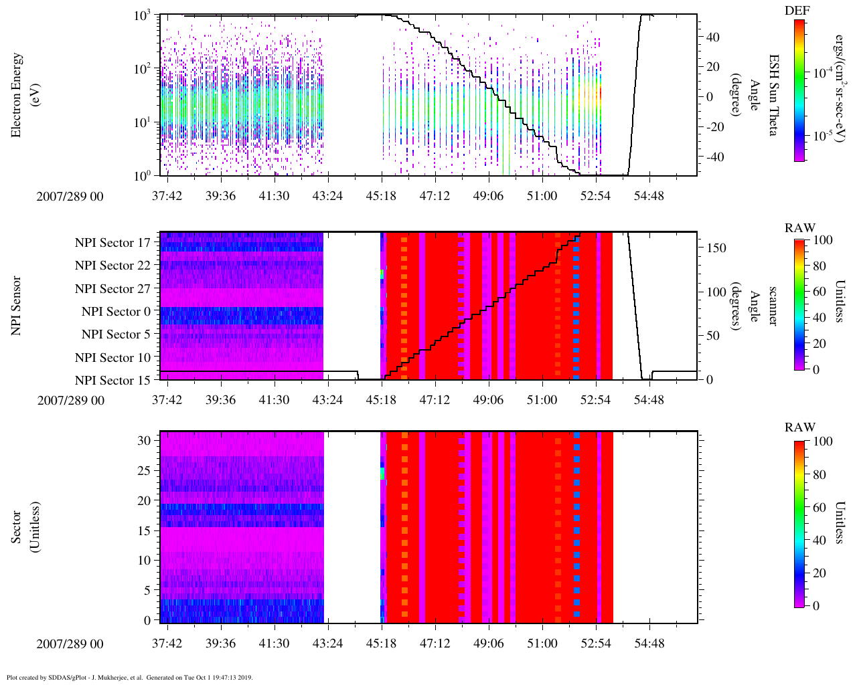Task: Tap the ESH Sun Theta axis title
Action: [x=773, y=95]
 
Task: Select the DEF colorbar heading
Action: [x=797, y=11]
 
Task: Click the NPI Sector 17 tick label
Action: [x=113, y=243]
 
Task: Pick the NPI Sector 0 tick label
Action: [x=116, y=312]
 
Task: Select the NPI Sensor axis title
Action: [x=16, y=305]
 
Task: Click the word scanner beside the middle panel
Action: [x=773, y=306]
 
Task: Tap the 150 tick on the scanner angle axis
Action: [x=716, y=248]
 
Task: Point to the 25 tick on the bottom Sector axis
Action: [x=144, y=471]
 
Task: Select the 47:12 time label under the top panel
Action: [x=435, y=195]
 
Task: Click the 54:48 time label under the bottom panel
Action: [x=649, y=644]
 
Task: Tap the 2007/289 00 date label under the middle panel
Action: [x=70, y=400]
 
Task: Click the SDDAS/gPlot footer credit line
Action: [x=129, y=677]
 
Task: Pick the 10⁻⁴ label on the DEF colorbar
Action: [x=823, y=73]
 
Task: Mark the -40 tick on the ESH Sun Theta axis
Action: [x=714, y=157]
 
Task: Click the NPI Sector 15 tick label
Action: [x=113, y=381]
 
